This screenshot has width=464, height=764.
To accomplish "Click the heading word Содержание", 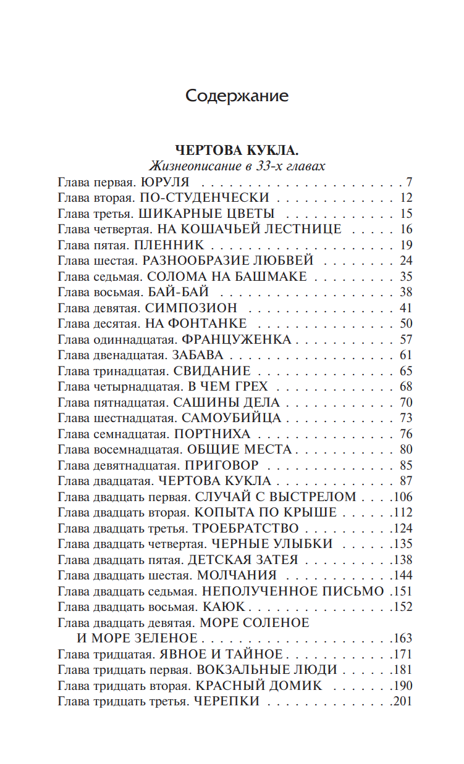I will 237,96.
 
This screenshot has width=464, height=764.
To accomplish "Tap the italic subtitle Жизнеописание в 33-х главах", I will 237,167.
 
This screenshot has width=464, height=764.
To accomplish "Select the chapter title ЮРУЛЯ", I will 165,182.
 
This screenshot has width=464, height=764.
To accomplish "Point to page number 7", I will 408,182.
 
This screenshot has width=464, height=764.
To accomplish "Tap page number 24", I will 405,260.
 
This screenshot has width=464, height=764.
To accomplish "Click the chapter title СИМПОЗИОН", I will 192,308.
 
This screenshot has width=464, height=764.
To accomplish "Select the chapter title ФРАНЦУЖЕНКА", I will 237,339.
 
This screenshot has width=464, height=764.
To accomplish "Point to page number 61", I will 405,355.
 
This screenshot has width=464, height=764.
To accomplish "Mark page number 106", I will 403,497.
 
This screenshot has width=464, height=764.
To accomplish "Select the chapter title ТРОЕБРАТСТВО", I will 246,528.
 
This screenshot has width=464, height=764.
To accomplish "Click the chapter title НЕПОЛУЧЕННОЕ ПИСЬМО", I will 293,591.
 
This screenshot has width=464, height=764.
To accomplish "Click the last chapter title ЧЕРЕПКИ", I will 226,701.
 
